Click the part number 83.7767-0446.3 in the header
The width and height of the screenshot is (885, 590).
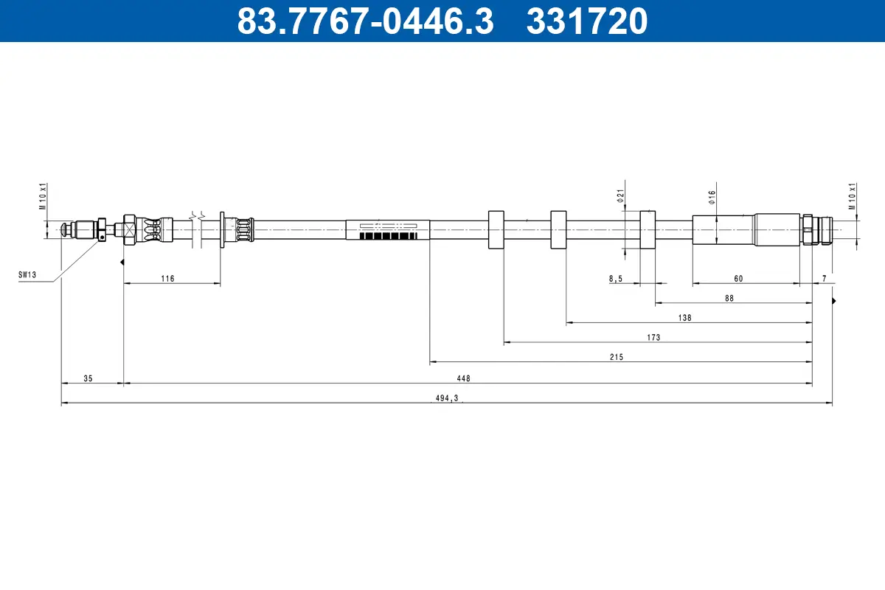[365, 21]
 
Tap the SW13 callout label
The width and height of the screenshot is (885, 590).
[27, 274]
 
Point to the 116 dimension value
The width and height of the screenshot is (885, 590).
[167, 278]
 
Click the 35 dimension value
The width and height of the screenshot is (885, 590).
[88, 378]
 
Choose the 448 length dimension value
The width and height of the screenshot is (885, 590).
[463, 378]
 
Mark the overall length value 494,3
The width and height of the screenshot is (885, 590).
[447, 398]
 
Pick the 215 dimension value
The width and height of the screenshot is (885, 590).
[617, 357]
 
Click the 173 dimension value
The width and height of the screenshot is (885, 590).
[653, 337]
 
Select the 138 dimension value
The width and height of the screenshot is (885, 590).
[684, 318]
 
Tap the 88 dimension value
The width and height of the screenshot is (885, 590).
[729, 298]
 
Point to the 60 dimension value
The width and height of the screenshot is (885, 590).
[738, 278]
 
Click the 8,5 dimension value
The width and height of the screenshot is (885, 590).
[616, 278]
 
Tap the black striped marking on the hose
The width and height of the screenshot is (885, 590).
[388, 236]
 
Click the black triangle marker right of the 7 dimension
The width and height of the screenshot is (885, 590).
[834, 301]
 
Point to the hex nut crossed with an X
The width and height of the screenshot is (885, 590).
[129, 230]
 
